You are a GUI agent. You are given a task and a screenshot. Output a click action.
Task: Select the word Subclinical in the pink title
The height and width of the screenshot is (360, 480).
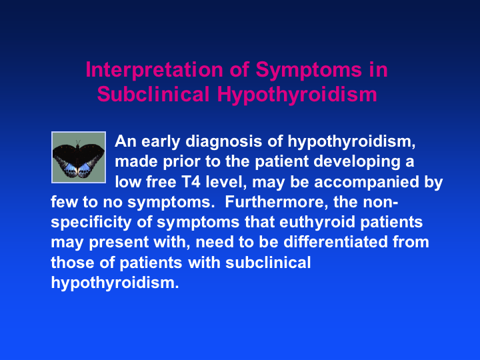pyautogui.click(x=153, y=94)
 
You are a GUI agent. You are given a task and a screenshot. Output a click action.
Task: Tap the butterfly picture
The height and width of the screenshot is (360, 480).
pyautogui.click(x=79, y=157)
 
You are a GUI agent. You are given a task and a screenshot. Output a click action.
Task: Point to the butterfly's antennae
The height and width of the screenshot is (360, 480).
pyautogui.click(x=78, y=143)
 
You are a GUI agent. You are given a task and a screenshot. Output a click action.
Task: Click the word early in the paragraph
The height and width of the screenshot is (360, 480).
pyautogui.click(x=161, y=142)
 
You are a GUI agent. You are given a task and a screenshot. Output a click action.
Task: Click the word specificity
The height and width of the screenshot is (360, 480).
pyautogui.click(x=91, y=223)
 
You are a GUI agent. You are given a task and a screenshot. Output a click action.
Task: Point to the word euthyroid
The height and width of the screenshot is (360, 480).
pyautogui.click(x=317, y=222)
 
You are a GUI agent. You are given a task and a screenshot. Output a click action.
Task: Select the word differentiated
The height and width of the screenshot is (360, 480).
pyautogui.click(x=335, y=242)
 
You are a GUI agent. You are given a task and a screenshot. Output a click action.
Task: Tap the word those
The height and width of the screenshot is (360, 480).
pyautogui.click(x=73, y=263)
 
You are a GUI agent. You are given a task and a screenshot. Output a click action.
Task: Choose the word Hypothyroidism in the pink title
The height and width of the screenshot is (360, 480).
pyautogui.click(x=297, y=94)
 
